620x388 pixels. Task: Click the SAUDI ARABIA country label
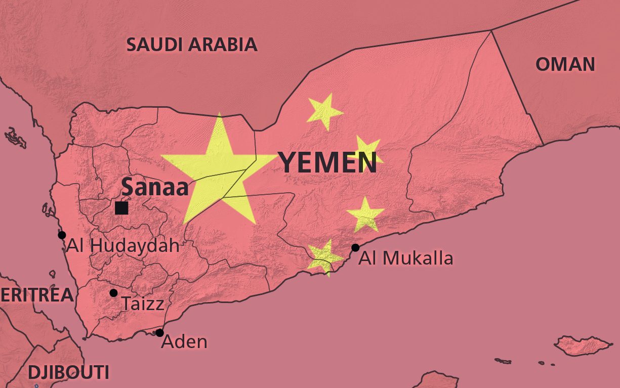tap(192, 45)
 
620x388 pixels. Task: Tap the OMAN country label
tap(565, 64)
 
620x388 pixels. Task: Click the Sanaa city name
tap(155, 187)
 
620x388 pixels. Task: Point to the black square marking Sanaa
tap(121, 208)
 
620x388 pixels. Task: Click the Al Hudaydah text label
tap(123, 246)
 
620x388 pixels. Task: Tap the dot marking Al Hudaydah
tap(62, 235)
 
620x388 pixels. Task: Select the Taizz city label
tap(143, 304)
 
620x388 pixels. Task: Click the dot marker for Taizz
tap(113, 293)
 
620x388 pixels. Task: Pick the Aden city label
tap(184, 341)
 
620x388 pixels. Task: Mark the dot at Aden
tap(159, 333)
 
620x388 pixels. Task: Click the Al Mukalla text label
tap(406, 258)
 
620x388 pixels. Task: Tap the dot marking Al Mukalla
tap(355, 247)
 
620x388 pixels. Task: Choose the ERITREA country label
tap(36, 295)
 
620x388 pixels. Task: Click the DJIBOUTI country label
tap(68, 372)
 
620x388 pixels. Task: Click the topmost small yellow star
tap(324, 111)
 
